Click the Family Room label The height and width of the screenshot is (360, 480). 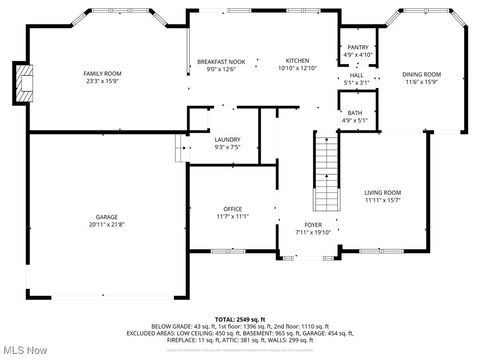click(x=103, y=73)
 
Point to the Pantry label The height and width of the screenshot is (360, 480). click(x=357, y=47)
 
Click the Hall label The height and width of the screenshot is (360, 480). click(x=356, y=75)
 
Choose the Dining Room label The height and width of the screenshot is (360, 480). click(x=421, y=73)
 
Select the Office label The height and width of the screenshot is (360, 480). click(x=232, y=208)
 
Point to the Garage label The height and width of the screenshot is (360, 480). click(x=107, y=216)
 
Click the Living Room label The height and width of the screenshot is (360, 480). click(x=382, y=192)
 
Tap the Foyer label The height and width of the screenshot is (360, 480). click(x=313, y=225)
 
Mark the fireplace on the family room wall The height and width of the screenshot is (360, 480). click(x=21, y=85)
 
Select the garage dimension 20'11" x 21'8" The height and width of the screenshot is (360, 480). click(x=107, y=224)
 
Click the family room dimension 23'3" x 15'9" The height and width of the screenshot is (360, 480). click(x=103, y=81)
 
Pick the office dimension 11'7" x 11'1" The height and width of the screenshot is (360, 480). click(x=232, y=216)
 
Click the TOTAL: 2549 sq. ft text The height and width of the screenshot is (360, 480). click(x=239, y=318)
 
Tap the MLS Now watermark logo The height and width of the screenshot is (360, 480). click(x=25, y=350)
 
